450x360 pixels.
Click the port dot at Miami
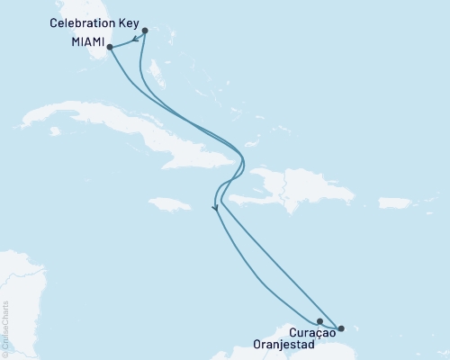coord(110,47)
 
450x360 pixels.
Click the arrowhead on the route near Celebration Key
coord(134,39)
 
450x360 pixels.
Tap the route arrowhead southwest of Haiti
coord(214,209)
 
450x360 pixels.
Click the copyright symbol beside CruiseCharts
coord(5,353)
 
